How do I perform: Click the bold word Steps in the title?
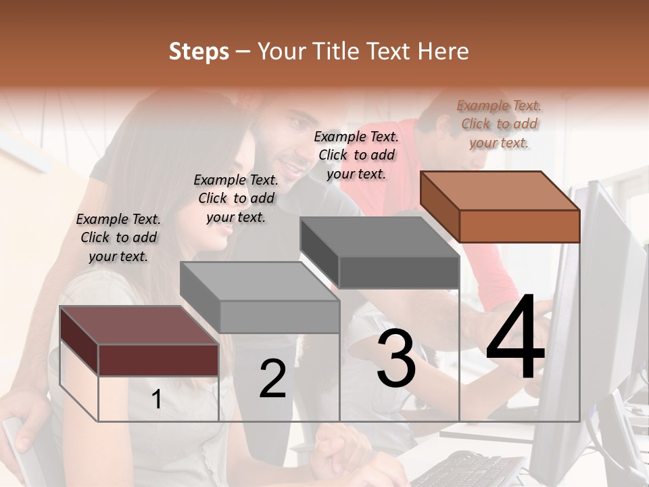click(199, 52)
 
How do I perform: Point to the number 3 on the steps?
click(396, 359)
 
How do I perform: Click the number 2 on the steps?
click(272, 379)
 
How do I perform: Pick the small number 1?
click(157, 400)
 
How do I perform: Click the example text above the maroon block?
click(118, 237)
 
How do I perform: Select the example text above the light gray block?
click(236, 198)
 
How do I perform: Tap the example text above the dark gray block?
click(356, 155)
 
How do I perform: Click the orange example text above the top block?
click(499, 124)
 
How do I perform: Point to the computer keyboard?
click(466, 470)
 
